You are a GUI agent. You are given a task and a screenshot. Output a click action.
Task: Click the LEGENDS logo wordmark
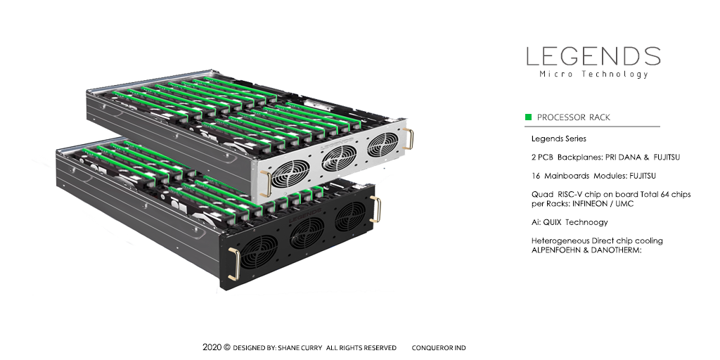[x=593, y=56]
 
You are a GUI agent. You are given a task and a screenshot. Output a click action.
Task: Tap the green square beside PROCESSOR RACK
[x=528, y=117]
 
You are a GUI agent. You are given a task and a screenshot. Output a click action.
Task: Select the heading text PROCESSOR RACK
[x=574, y=117]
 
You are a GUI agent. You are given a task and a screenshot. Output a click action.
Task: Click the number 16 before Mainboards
[x=535, y=176]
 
